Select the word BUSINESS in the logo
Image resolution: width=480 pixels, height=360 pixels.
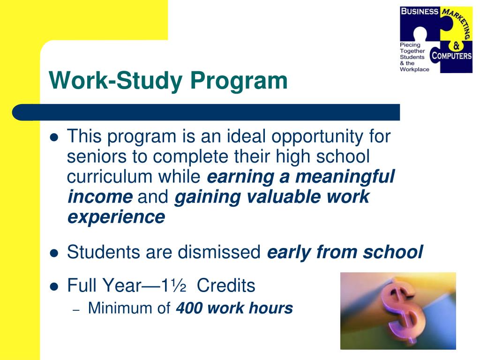419,12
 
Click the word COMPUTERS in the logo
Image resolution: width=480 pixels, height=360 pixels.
451,56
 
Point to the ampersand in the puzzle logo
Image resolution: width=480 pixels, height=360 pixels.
457,45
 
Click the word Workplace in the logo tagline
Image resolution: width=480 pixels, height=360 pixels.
414,69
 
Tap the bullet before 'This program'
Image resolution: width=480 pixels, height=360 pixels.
54,138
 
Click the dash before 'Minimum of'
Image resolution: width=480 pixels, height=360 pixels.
78,309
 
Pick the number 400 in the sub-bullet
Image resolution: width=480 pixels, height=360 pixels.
189,308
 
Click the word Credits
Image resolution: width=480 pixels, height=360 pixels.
226,285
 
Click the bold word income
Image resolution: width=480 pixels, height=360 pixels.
100,197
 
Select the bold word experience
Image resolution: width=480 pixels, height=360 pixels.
116,217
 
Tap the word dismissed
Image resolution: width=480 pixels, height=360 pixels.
220,252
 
